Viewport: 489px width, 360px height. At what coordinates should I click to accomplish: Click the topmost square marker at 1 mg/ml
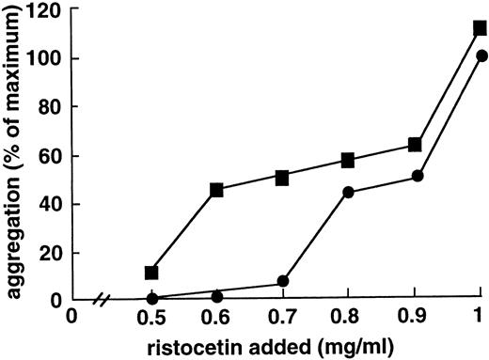click(x=480, y=28)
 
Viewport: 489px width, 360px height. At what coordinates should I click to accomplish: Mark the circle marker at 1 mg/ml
click(x=480, y=55)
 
